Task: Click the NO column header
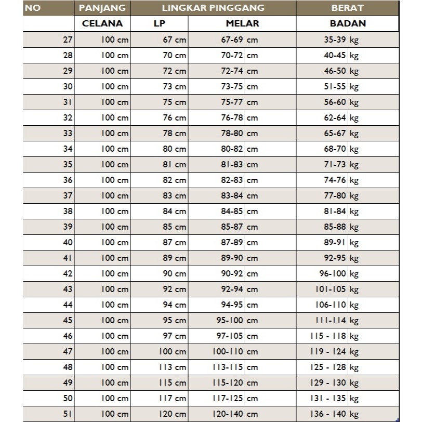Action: [x=33, y=8]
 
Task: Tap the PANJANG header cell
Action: [x=102, y=8]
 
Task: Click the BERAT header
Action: [x=348, y=8]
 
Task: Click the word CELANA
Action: [x=102, y=23]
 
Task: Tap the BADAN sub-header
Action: [x=348, y=23]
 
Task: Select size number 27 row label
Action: [x=68, y=40]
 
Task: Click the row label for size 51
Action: [x=68, y=414]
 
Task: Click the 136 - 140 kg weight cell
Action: [x=334, y=414]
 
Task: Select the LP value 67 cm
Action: [x=174, y=40]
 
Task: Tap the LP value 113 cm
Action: [x=173, y=367]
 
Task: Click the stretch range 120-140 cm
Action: [x=235, y=414]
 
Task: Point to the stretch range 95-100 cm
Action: [x=237, y=320]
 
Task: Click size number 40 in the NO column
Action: [x=68, y=242]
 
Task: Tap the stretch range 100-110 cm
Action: [x=235, y=351]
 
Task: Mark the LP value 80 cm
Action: [x=174, y=149]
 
